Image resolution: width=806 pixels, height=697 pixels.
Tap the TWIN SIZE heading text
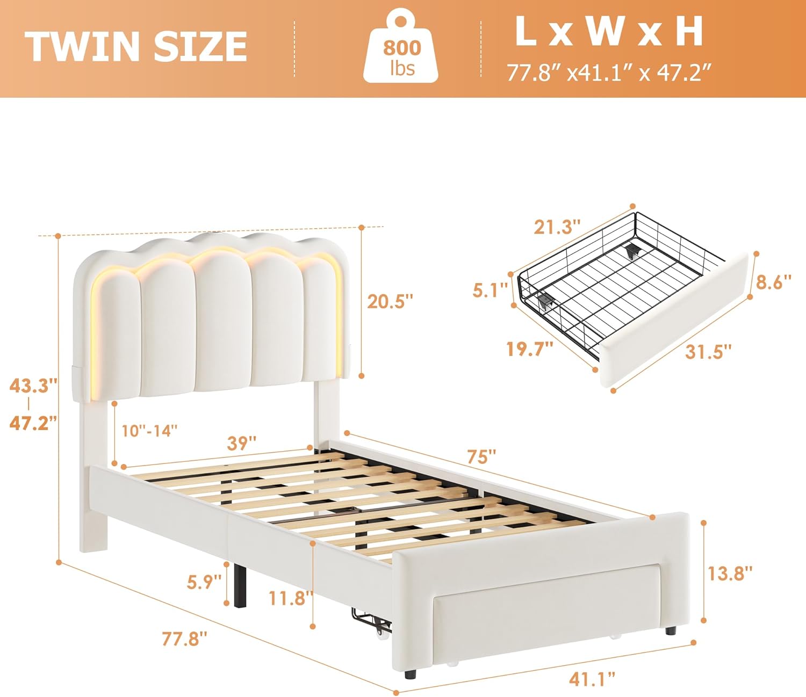pos(136,46)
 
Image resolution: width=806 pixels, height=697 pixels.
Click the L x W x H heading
pos(609,32)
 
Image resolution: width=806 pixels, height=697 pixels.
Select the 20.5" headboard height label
pos(390,301)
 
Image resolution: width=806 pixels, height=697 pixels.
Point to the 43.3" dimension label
pos(34,386)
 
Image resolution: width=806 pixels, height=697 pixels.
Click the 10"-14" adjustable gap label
pos(150,431)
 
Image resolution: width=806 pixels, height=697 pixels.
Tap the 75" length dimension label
pos(481,456)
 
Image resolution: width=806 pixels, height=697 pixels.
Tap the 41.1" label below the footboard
pos(592,679)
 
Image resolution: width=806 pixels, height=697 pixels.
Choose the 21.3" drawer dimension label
pos(557,227)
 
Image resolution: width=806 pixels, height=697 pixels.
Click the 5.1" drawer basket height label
pos(490,290)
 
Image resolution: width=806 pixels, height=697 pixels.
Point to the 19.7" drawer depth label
pos(530,348)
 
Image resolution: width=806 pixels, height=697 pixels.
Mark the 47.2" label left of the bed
pos(34,423)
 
